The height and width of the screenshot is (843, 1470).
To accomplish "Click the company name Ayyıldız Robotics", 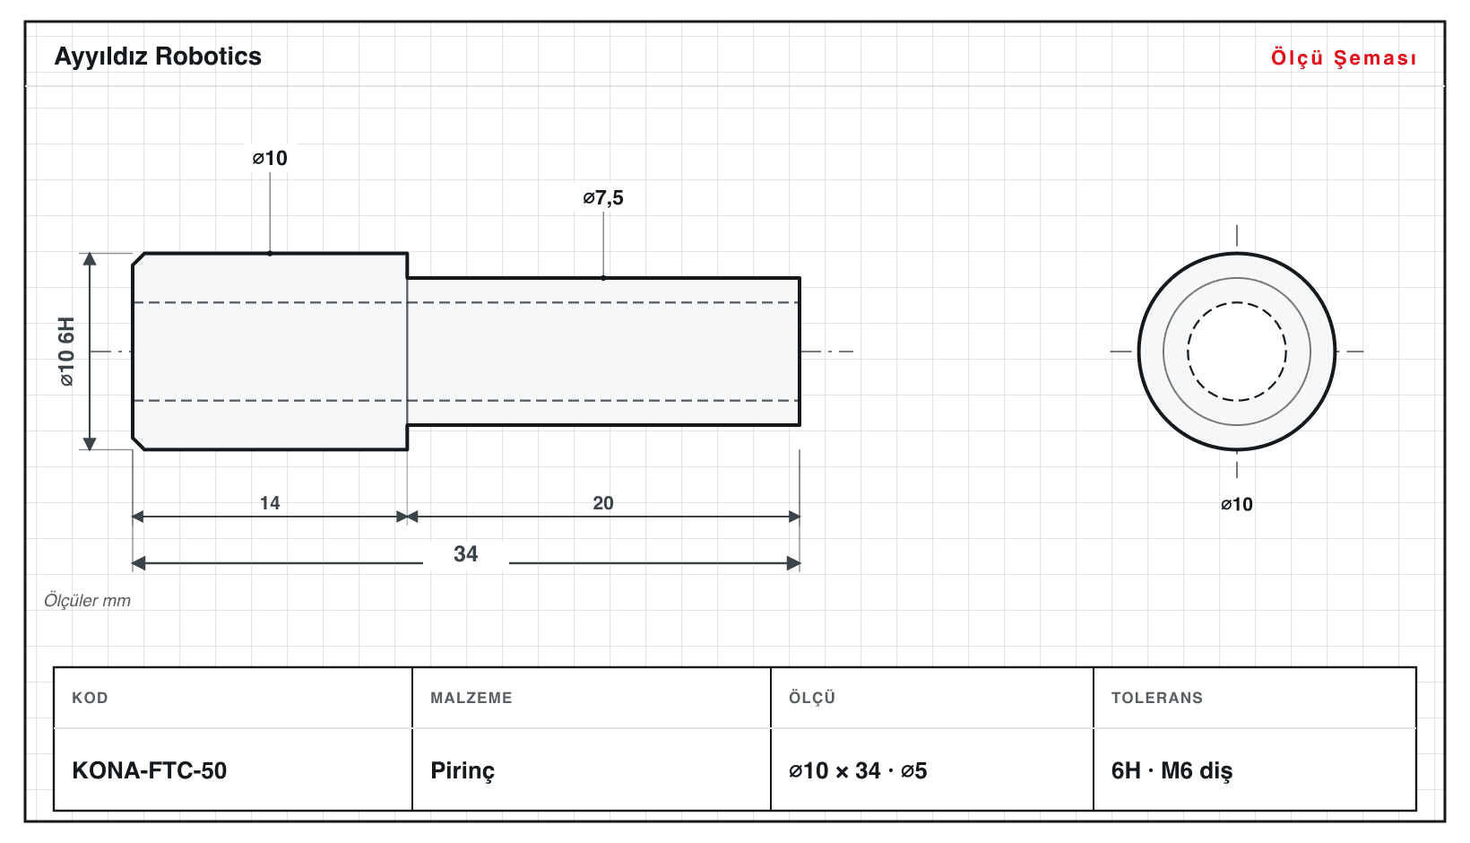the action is click(x=158, y=56).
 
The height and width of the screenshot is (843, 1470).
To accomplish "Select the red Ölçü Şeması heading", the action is click(x=1344, y=57).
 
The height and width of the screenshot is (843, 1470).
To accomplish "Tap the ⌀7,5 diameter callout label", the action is click(x=603, y=197).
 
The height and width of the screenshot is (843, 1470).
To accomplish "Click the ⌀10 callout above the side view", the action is click(x=270, y=158).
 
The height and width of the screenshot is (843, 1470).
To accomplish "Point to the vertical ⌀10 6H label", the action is click(x=66, y=352).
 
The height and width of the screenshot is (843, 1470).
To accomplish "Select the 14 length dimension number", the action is click(x=270, y=503).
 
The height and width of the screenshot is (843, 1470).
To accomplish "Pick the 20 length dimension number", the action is click(x=603, y=503).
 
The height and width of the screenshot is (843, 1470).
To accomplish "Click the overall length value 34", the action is click(x=466, y=553).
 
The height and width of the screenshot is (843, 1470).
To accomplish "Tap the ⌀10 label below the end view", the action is click(x=1236, y=504).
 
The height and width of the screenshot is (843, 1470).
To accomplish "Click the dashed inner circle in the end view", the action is click(x=1237, y=302).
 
